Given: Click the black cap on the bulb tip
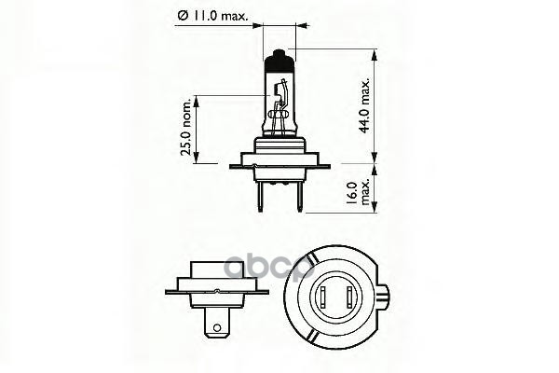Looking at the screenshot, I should click(279, 65).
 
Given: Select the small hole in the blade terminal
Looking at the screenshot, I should click(219, 327).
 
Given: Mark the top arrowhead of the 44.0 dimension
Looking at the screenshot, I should click(373, 54).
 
